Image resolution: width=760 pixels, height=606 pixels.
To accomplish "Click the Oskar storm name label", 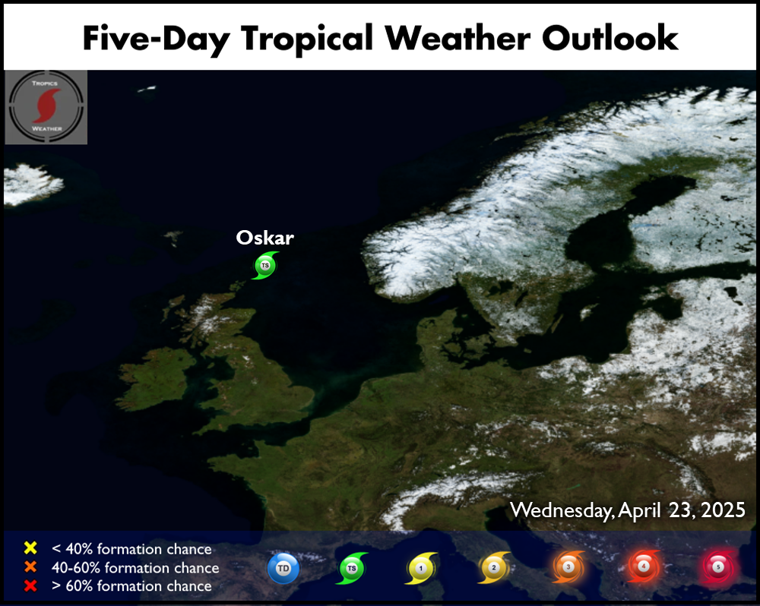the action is click(264, 238).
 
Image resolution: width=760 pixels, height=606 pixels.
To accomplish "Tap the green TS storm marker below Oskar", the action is click(264, 266).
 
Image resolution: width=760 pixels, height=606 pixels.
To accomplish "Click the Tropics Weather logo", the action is click(46, 107).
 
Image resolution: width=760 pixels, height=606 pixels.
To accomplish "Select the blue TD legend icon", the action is click(283, 568).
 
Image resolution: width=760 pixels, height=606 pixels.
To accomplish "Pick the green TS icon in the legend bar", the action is click(352, 568).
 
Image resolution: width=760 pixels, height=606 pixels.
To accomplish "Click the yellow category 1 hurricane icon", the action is click(421, 568).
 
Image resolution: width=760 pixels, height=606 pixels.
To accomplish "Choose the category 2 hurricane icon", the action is click(493, 567).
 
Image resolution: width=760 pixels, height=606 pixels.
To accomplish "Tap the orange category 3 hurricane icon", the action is click(568, 567).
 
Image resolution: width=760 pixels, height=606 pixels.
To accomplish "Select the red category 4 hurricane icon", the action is click(643, 566).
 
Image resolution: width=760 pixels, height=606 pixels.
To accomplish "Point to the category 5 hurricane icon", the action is click(718, 567).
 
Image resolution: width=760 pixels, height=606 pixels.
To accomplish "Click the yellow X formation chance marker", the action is click(30, 548).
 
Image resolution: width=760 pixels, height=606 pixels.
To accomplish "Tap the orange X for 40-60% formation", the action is click(30, 567).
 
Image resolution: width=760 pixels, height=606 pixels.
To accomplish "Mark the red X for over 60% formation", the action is click(30, 585).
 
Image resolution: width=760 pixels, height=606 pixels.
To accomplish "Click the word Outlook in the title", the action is click(610, 38).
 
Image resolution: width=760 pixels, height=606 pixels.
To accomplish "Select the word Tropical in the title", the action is click(307, 39).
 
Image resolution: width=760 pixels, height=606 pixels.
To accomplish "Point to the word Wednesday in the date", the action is click(562, 511).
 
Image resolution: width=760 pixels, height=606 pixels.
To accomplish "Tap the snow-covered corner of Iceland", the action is click(30, 184).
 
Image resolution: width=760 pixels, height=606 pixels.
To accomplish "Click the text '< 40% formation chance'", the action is click(131, 549).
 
